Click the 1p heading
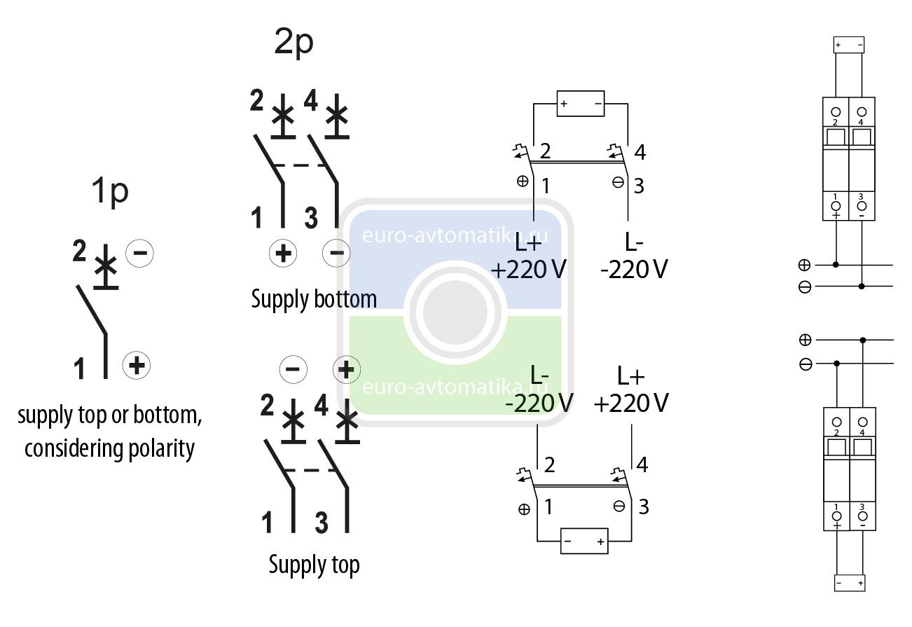click(110, 192)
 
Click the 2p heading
click(293, 44)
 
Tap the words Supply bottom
click(314, 300)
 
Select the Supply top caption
click(314, 565)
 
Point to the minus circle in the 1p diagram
click(139, 252)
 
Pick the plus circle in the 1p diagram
click(137, 365)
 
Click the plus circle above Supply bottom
click(283, 253)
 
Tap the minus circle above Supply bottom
click(336, 253)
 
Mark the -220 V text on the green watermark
click(539, 403)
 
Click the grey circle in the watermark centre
click(455, 312)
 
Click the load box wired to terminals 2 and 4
click(580, 104)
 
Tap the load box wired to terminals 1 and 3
click(583, 542)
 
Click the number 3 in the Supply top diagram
click(322, 523)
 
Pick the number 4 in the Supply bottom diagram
click(311, 102)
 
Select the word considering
click(74, 448)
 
